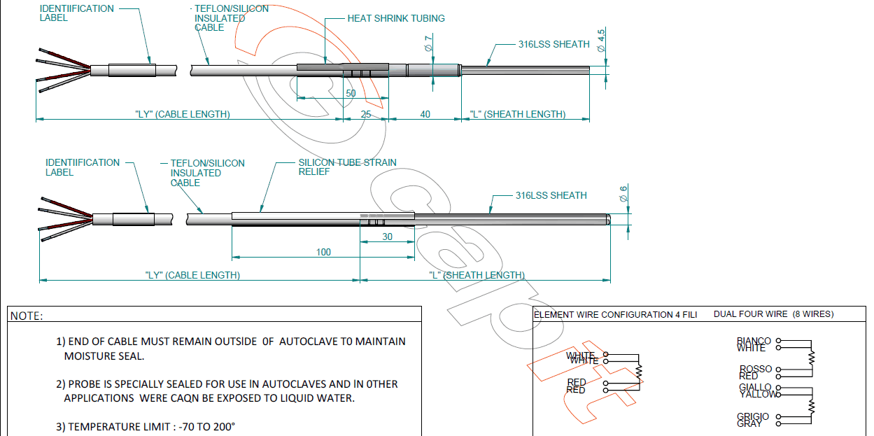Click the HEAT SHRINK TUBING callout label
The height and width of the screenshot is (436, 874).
coord(396,19)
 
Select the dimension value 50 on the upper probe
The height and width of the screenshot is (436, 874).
coord(351,93)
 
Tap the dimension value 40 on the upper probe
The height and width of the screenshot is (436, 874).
coord(425,114)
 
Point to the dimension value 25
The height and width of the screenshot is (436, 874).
coord(366,114)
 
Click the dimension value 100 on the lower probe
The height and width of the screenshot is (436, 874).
coord(323,252)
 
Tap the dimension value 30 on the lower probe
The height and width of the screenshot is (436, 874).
coord(387,237)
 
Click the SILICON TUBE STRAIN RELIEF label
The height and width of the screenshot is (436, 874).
coord(347,167)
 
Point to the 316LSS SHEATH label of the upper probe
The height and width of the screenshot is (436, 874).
coord(554,44)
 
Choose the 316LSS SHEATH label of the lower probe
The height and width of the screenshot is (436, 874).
coord(551,195)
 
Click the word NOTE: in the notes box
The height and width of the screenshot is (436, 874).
coord(27,316)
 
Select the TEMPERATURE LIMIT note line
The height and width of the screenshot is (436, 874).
coord(146,426)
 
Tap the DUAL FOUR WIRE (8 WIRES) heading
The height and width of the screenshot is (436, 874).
coord(773,314)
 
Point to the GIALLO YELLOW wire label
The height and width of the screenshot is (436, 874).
coord(756,391)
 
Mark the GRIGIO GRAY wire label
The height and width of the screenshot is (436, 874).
coord(752,420)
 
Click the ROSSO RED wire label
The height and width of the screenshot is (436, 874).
coord(755,372)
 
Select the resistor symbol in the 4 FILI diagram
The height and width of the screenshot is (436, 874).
coord(638,371)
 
